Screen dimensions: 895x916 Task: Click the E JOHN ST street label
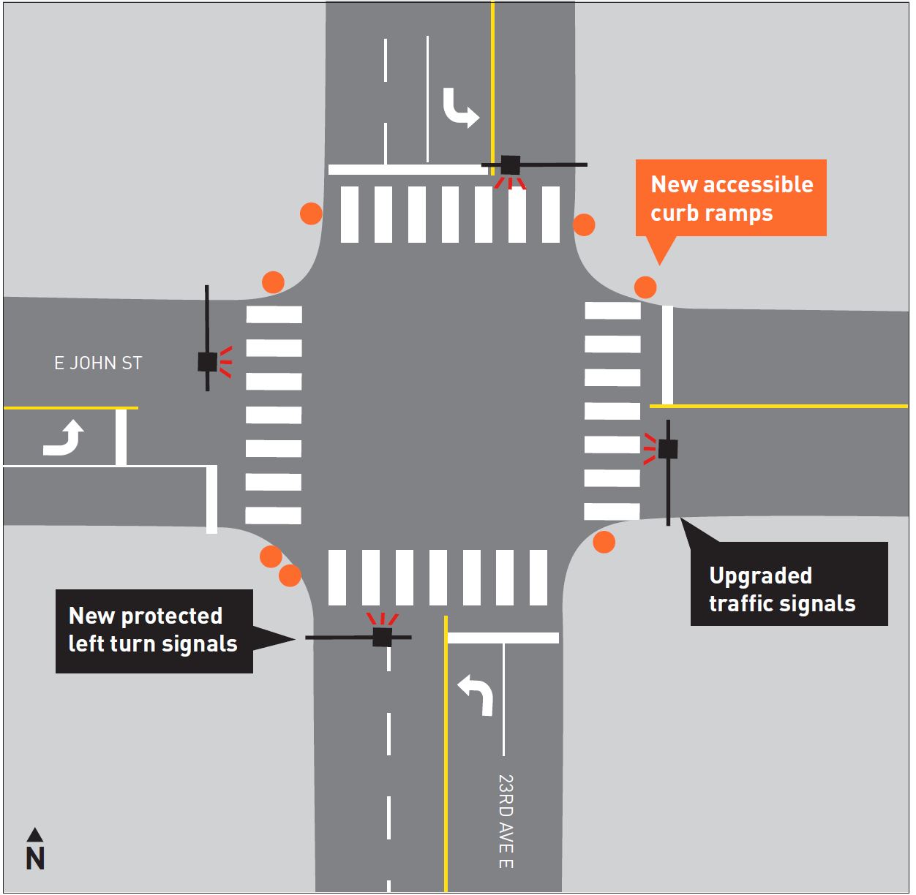[98, 363]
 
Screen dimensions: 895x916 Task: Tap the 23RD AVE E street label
[506, 821]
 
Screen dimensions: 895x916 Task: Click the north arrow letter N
[35, 858]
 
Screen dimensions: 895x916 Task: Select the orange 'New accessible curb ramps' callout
[731, 198]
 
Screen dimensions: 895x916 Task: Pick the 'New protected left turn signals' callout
[154, 631]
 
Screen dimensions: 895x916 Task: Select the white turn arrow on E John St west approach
[64, 437]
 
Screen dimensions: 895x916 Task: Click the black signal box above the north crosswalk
[510, 165]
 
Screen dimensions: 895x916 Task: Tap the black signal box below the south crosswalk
[382, 637]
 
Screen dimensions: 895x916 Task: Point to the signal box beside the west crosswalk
[207, 361]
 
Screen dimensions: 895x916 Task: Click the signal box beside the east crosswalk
[667, 449]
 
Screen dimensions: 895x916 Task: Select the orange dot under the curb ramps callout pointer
[645, 287]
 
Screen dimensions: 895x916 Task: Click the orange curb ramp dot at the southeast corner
[604, 542]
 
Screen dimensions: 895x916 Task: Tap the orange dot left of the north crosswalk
[311, 214]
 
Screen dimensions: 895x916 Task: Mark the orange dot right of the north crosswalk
[584, 224]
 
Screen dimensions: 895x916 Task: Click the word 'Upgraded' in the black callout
[760, 575]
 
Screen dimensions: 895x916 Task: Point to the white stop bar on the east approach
[667, 355]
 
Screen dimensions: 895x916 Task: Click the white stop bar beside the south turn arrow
[503, 638]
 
